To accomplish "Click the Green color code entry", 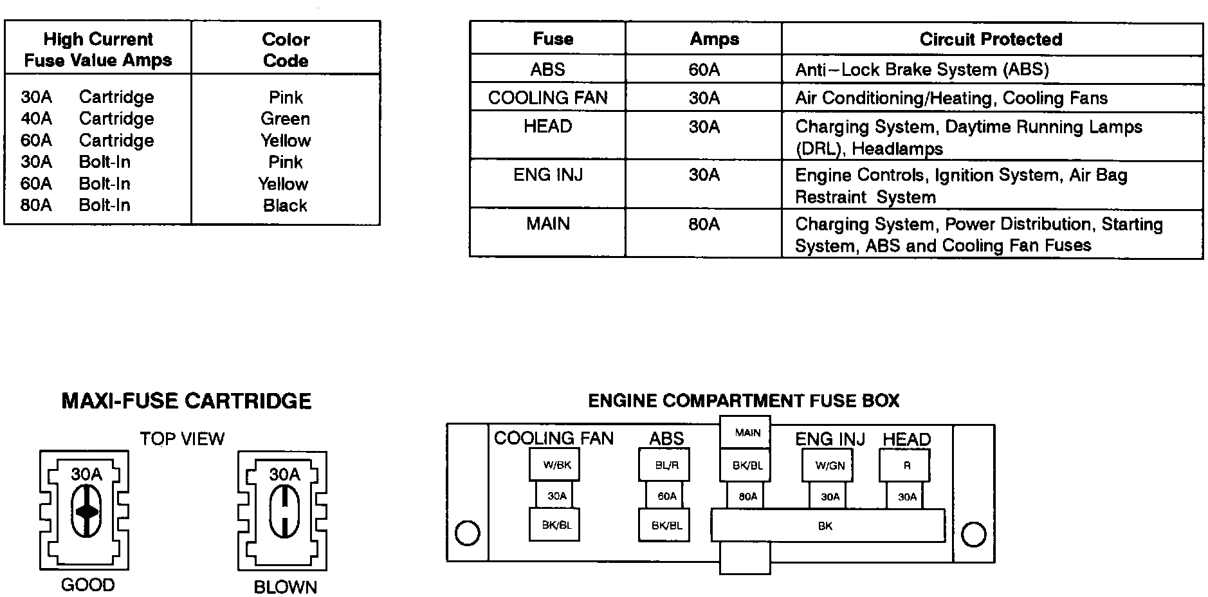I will tap(285, 119).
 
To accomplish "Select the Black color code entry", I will tap(285, 206).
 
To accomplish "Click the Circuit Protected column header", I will tap(991, 39).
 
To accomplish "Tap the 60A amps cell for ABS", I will tap(704, 69).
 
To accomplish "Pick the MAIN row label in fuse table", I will tap(547, 224).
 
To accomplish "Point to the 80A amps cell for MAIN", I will tap(704, 225).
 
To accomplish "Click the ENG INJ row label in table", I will tap(547, 175).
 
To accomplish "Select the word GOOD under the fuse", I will tap(87, 585).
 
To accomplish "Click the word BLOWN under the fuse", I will tap(285, 587).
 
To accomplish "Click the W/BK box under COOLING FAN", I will tap(554, 465).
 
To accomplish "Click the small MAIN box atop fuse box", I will tap(746, 432).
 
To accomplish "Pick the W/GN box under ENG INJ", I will tap(828, 465).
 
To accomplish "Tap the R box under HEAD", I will tap(906, 465).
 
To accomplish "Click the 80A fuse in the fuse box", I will tap(747, 496).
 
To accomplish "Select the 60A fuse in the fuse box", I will tap(666, 496).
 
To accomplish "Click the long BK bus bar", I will tap(827, 526).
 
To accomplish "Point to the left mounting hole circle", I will tap(467, 533).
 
